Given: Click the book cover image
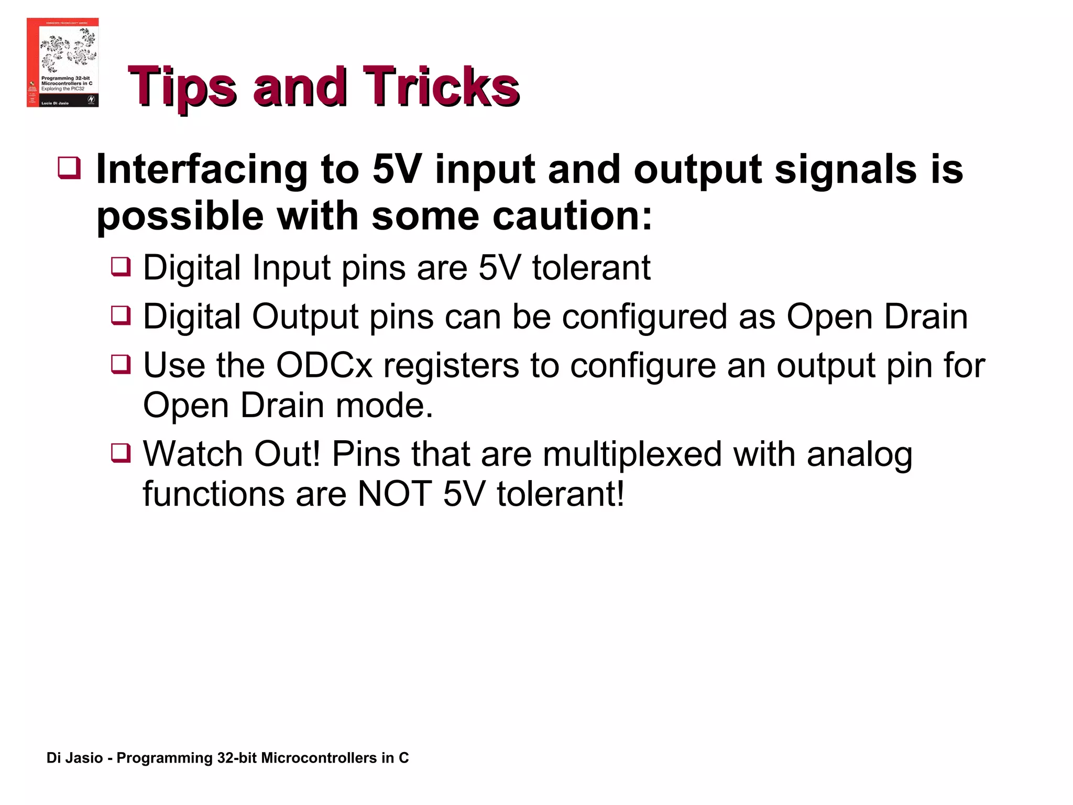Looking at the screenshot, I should [x=62, y=62].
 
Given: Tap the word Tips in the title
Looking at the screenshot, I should [x=182, y=86].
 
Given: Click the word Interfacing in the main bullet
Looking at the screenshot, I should [x=202, y=169].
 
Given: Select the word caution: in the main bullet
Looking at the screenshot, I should [x=573, y=216].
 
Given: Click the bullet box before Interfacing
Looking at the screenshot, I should [x=69, y=168].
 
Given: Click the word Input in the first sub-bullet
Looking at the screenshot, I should [x=291, y=268].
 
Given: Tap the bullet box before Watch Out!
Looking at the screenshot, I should [x=121, y=452].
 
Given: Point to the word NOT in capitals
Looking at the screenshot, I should [x=394, y=494].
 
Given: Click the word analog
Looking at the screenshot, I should [x=859, y=455].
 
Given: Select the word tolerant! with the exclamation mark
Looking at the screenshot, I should [x=561, y=494].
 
